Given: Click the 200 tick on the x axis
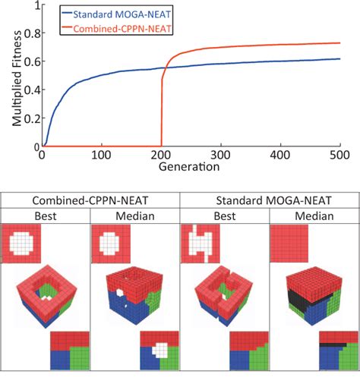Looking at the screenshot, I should point(160,155).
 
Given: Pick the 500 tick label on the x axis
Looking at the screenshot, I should point(339,155).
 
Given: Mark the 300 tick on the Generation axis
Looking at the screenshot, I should point(220,155).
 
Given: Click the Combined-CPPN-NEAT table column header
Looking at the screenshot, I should point(90,201).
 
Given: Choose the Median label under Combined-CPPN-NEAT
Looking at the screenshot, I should point(134,215).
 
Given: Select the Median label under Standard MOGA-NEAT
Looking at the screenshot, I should point(313,215).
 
